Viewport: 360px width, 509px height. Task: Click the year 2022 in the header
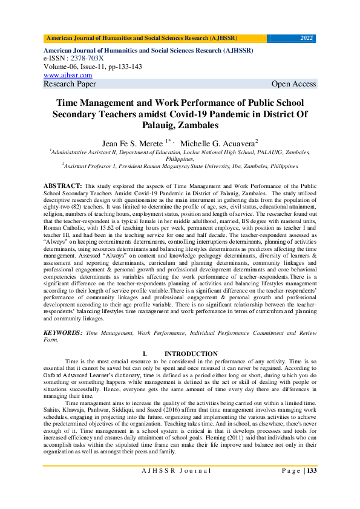point(307,38)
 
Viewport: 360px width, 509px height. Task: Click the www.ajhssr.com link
point(68,76)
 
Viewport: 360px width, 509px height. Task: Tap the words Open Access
point(294,84)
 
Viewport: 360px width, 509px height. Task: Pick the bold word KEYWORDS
point(63,333)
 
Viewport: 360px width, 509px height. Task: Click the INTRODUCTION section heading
point(191,354)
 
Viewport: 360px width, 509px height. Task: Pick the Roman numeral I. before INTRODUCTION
point(145,354)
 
